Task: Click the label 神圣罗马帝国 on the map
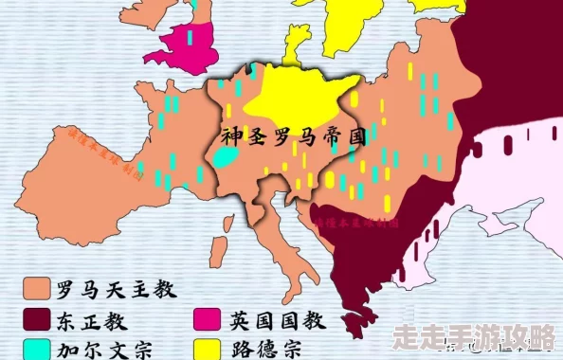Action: (294, 136)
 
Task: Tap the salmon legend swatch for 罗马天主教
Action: (37, 286)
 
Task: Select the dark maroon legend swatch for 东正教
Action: (37, 317)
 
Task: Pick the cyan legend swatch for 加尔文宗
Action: (37, 348)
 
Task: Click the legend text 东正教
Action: (97, 317)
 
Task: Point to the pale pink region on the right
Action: (512, 208)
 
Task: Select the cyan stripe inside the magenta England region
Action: (190, 38)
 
